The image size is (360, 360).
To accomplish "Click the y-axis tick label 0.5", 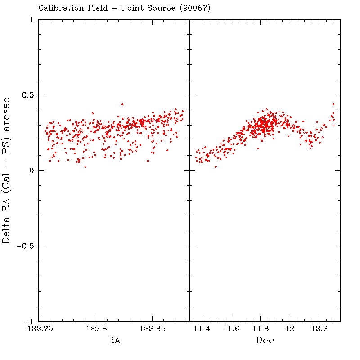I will [x=28, y=95].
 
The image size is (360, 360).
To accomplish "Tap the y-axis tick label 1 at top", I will [x=31, y=20].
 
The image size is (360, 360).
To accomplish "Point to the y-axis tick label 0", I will [x=31, y=171].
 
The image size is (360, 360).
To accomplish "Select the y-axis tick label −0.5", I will [x=25, y=246].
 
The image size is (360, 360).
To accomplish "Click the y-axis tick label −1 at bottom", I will [x=29, y=321].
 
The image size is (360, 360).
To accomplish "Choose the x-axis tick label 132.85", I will [x=153, y=329].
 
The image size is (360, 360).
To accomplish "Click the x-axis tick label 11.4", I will [x=202, y=329].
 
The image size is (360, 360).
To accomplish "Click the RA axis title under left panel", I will [x=113, y=341].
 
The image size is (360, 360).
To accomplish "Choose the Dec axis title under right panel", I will [x=265, y=341].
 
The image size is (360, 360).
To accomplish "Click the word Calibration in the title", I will [x=60, y=8].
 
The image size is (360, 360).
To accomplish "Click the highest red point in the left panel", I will [x=122, y=104].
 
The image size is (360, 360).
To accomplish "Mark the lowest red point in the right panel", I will [x=216, y=167].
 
